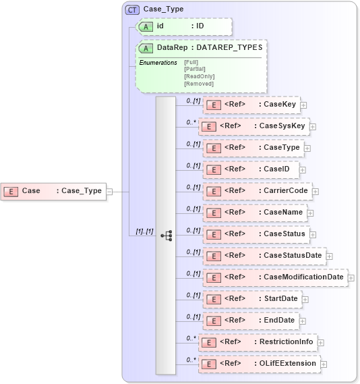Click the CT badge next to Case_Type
[x=132, y=9]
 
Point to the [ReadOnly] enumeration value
[x=199, y=76]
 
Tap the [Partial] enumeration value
[x=195, y=69]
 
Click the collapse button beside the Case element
[x=109, y=191]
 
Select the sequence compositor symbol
[x=166, y=235]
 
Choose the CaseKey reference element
[x=251, y=105]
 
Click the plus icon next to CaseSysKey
[x=313, y=126]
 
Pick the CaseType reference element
[x=253, y=148]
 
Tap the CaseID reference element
[x=251, y=169]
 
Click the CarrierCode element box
[x=257, y=191]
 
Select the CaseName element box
[x=255, y=213]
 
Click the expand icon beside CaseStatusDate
[x=330, y=256]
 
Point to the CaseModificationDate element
[x=274, y=277]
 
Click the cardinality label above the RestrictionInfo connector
[x=191, y=338]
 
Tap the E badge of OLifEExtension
[x=210, y=364]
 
